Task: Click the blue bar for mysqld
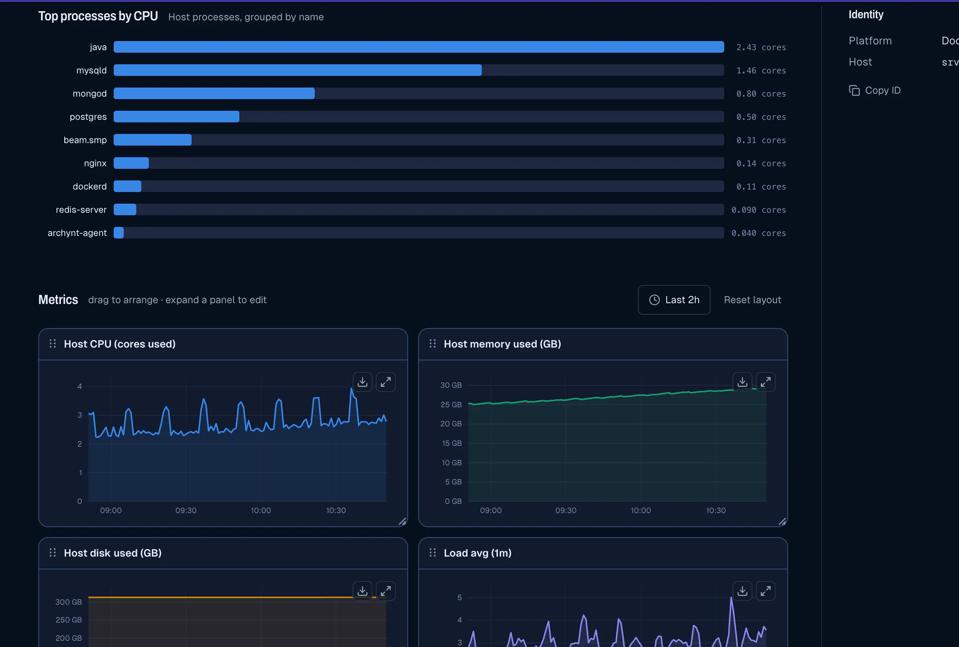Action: coord(297,70)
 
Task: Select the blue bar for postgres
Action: coord(176,117)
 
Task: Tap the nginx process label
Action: coord(95,163)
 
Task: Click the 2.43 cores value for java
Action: coord(761,47)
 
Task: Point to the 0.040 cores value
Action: coord(758,233)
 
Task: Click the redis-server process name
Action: coord(81,210)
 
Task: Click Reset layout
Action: coord(752,300)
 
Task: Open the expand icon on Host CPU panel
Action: coord(386,382)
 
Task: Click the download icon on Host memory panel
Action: coord(742,382)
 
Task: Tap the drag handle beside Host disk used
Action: coord(53,552)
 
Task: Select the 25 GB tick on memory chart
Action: coord(451,404)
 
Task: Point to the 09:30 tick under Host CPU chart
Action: coord(186,511)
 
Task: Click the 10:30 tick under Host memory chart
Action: coord(716,511)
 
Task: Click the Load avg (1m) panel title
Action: coord(477,553)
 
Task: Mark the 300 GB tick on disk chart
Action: coord(68,602)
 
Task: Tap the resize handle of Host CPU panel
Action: coord(402,522)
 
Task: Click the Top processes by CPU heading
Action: coord(98,16)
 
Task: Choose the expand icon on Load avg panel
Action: coord(766,591)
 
